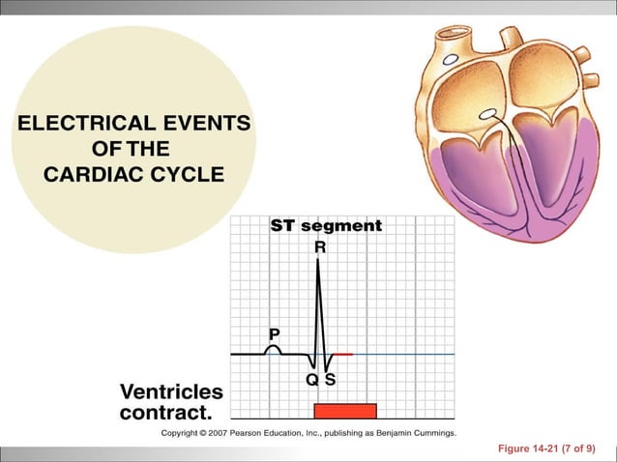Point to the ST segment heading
326,226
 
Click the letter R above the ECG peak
320,247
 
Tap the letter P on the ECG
274,333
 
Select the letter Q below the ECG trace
312,380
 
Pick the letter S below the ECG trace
331,380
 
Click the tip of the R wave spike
319,261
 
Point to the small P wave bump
274,349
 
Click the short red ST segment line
344,355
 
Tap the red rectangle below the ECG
344,410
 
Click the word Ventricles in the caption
171,391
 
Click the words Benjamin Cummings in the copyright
414,432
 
